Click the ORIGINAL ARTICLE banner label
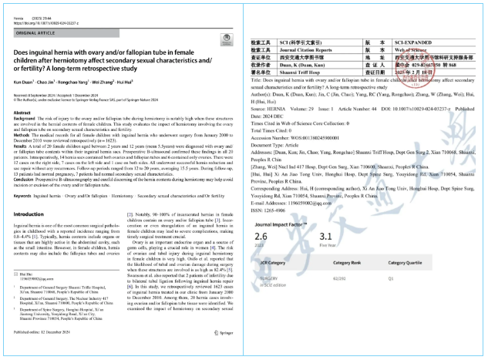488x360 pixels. pos(32,32)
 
